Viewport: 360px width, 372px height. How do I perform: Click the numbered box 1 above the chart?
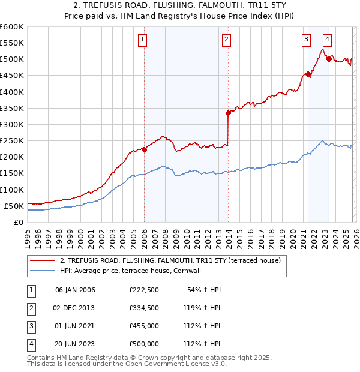click(x=143, y=40)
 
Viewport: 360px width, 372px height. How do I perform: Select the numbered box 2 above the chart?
click(x=226, y=40)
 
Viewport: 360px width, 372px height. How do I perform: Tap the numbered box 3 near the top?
click(x=306, y=40)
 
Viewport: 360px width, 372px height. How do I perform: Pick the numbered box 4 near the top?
click(x=327, y=40)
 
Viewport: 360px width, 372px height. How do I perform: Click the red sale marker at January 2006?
click(x=144, y=149)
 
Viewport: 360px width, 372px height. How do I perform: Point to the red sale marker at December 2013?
click(x=228, y=113)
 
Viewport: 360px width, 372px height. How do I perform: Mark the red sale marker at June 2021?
click(x=308, y=74)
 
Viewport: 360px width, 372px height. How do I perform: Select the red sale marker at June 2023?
click(x=329, y=59)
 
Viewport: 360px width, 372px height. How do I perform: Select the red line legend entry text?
click(x=175, y=260)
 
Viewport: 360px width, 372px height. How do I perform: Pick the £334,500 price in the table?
click(x=144, y=308)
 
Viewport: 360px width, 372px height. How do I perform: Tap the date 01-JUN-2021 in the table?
click(x=75, y=326)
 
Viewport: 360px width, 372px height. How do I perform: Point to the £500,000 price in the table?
click(x=144, y=344)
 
